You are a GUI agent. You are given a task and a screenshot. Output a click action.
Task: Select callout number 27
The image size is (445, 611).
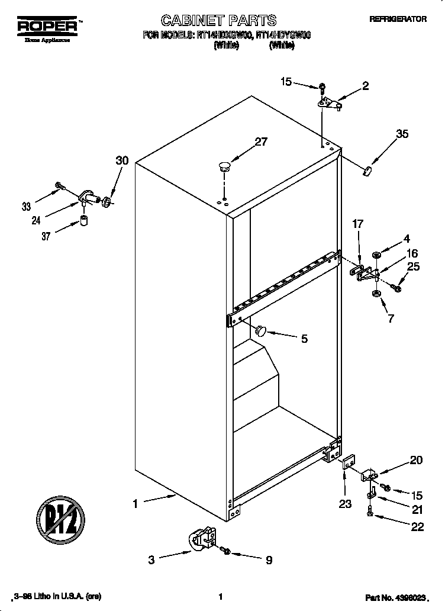[x=260, y=142]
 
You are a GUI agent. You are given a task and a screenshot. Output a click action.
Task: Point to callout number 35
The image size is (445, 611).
[x=402, y=134]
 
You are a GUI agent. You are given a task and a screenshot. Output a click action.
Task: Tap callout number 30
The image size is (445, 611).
[x=122, y=160]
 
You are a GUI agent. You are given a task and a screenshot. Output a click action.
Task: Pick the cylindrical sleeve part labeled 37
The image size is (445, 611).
[x=83, y=222]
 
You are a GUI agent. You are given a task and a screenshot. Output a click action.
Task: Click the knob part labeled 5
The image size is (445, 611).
[x=261, y=330]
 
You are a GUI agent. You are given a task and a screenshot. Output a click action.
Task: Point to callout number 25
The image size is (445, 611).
[x=413, y=267]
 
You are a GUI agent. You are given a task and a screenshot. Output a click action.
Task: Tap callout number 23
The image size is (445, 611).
[x=345, y=504]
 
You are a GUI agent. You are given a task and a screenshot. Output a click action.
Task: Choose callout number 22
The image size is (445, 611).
[x=417, y=527]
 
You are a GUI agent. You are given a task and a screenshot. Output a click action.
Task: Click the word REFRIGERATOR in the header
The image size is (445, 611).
[x=398, y=19]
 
